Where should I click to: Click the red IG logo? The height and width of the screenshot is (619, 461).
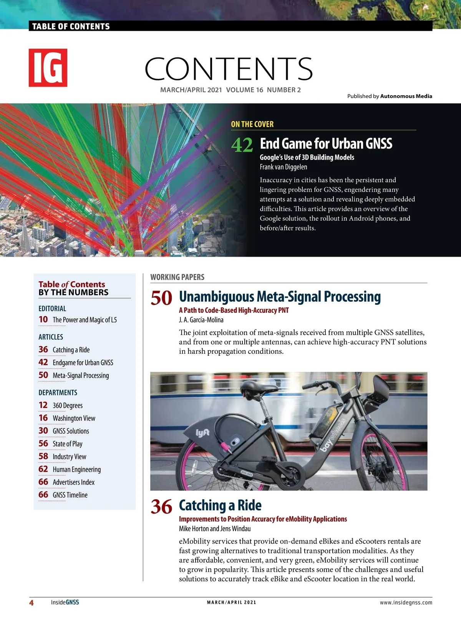click(x=48, y=68)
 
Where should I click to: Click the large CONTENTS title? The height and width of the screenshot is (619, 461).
click(x=229, y=69)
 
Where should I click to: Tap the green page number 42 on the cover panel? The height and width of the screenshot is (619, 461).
click(x=242, y=145)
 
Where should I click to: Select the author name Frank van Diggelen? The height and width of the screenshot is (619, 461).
click(x=283, y=167)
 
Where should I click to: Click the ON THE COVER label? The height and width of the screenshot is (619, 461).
click(x=252, y=124)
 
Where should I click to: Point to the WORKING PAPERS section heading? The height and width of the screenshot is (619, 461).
click(x=177, y=277)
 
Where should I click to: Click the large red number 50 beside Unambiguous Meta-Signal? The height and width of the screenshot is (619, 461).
click(x=161, y=298)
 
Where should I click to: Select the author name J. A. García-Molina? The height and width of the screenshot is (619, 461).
click(x=201, y=320)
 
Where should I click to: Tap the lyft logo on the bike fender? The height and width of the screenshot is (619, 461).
click(x=202, y=433)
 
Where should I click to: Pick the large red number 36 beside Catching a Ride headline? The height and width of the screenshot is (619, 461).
click(x=161, y=507)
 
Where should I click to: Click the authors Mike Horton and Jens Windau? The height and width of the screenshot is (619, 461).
click(x=215, y=528)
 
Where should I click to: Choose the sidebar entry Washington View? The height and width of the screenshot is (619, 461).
click(x=74, y=418)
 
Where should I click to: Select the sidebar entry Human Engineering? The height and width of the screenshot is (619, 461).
click(x=76, y=469)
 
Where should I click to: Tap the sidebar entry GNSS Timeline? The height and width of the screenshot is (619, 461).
click(x=70, y=495)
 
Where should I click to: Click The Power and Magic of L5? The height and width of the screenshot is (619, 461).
click(x=85, y=320)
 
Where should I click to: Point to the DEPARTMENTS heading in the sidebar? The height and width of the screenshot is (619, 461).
click(x=58, y=393)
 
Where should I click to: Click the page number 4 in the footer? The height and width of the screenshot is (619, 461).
click(x=32, y=602)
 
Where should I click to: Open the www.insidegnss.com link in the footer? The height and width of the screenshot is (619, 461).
click(x=406, y=602)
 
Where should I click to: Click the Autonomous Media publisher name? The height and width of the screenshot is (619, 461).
click(x=406, y=96)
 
